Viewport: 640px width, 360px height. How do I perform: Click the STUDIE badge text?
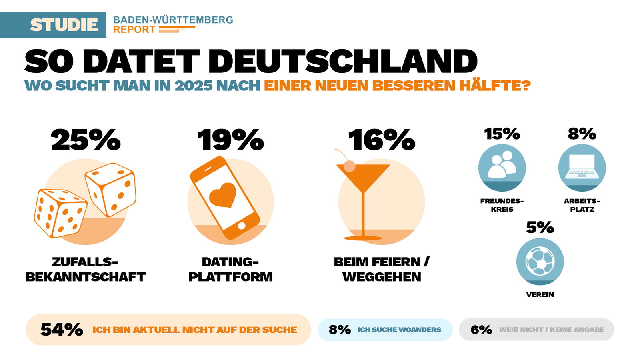64,25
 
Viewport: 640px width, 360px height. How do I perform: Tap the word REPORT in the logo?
134,30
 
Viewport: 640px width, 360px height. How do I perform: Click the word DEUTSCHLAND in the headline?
343,62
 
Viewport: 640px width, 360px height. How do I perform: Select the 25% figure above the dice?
86,140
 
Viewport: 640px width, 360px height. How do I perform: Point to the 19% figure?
230,140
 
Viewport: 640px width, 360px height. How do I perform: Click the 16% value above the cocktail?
382,140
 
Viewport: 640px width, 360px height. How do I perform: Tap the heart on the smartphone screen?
222,195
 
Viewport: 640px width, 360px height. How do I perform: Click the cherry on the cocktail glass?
350,166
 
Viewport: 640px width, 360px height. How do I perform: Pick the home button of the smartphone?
242,226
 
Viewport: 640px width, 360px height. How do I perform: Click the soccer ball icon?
540,261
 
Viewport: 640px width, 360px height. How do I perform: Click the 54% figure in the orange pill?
62,330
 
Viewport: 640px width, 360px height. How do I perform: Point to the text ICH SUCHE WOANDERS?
399,330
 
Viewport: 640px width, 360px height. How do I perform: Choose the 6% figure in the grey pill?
481,330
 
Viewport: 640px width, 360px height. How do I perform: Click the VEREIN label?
540,295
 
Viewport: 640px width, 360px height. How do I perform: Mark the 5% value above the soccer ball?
540,228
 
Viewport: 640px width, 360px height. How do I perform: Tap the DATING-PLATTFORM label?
230,269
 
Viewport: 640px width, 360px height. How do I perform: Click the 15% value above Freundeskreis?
502,134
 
